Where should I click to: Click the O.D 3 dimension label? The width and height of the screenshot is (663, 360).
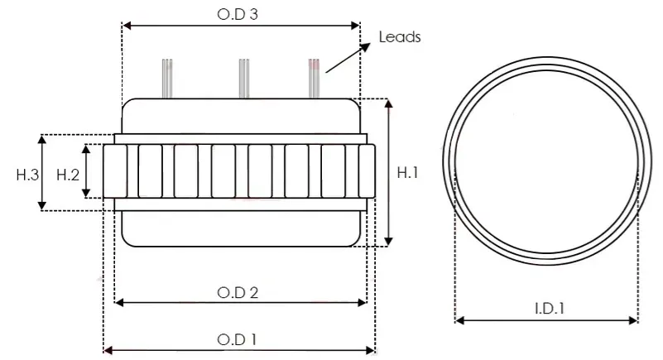point(238,14)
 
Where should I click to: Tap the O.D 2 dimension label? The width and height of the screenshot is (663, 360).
point(238,292)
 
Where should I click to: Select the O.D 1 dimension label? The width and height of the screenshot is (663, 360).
point(237,339)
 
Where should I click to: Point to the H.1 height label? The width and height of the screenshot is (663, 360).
point(407,172)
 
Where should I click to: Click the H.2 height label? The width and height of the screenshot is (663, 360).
point(68,175)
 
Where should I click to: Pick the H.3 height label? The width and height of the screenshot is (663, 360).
point(27,175)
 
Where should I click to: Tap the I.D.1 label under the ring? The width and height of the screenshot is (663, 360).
point(550,309)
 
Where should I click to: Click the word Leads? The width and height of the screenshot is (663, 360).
point(400,37)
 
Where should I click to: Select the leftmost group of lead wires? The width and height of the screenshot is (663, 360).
point(167,79)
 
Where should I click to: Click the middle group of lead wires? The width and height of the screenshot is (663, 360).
point(244,79)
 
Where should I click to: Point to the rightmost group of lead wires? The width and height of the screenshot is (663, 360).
point(314,79)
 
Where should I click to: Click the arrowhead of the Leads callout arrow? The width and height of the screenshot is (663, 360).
point(365,46)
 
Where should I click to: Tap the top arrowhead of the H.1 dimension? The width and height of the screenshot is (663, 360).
point(389,104)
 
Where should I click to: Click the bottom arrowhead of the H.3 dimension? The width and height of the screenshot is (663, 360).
point(42,205)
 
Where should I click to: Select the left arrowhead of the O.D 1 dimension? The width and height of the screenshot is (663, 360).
point(108,350)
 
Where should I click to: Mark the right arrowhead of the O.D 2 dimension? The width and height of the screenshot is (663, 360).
point(362,302)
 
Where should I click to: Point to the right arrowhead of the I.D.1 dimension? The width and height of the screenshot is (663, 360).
point(632,320)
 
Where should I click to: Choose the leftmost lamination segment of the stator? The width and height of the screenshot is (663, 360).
point(115,171)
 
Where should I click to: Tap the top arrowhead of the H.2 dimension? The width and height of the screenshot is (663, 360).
point(86,149)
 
